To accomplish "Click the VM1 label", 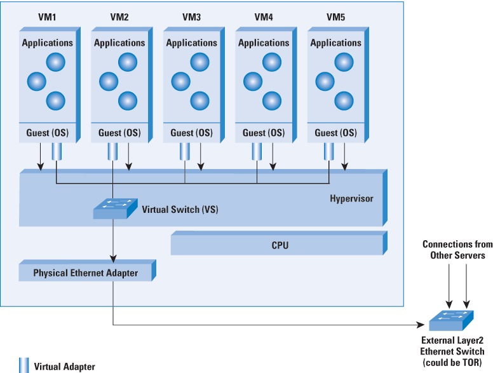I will (x=47, y=17).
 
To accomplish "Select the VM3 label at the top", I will (x=191, y=17).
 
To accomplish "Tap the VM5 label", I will (x=335, y=17).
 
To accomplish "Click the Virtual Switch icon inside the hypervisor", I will (x=114, y=208).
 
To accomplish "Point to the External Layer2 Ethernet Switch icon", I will (x=450, y=320).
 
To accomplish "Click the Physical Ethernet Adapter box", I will (x=85, y=273).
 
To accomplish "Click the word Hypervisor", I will (x=351, y=199).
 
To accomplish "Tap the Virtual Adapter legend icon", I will (x=24, y=365).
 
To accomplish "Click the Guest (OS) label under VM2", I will (x=119, y=133).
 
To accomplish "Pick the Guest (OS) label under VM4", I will (x=264, y=133).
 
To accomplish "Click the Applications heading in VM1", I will (x=47, y=43).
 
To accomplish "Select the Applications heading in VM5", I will (x=335, y=43).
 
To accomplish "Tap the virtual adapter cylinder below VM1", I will (x=56, y=152).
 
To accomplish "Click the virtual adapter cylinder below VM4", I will (x=257, y=152).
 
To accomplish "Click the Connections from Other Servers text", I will (x=454, y=250).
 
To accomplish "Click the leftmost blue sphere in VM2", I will (x=109, y=81).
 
